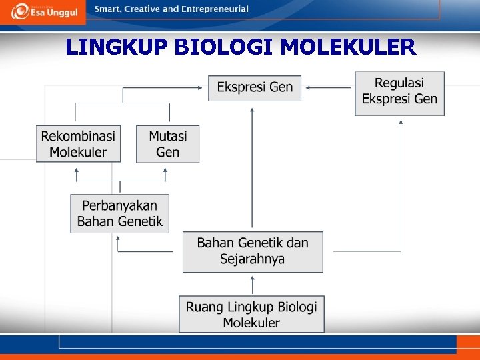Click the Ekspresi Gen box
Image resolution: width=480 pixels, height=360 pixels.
click(255, 87)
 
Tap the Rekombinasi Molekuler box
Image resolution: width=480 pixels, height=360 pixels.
click(78, 144)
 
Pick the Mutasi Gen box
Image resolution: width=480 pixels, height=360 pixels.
click(167, 144)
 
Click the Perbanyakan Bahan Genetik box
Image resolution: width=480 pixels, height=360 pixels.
click(119, 213)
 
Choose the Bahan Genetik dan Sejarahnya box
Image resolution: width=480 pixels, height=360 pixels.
click(253, 251)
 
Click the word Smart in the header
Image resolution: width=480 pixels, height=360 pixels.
click(108, 9)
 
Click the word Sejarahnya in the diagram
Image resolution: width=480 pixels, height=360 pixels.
click(252, 259)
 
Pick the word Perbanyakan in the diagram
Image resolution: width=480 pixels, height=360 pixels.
click(120, 206)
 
